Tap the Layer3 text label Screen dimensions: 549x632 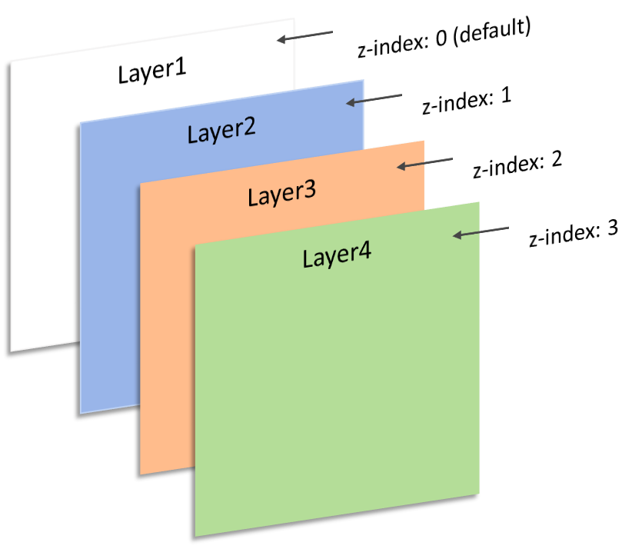tap(281, 194)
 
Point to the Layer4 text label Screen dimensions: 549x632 tap(337, 255)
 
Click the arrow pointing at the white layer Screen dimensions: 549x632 tap(304, 36)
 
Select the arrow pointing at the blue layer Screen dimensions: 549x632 tap(374, 99)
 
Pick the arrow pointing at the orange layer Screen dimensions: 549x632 tap(424, 162)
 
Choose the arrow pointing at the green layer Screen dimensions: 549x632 tap(481, 231)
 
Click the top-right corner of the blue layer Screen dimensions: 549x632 tap(364, 81)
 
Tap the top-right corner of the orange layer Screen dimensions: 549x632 tap(424, 141)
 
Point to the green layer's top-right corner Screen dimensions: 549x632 tap(479, 202)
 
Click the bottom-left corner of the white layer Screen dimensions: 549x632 tap(11, 351)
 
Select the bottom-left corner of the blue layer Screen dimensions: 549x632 tap(81, 413)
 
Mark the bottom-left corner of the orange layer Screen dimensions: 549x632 tap(141, 474)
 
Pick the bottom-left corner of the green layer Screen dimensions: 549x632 tap(195, 535)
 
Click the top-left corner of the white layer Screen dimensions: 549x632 tap(11, 60)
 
